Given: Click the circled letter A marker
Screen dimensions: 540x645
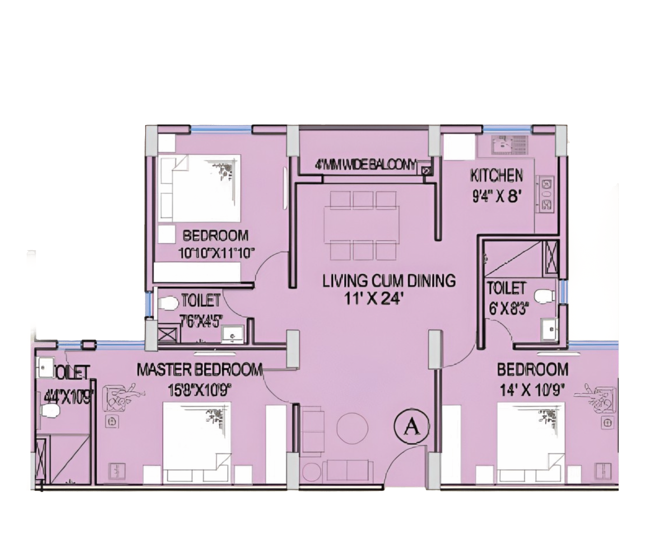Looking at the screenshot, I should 412,427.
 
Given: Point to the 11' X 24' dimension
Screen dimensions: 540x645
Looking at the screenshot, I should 373,298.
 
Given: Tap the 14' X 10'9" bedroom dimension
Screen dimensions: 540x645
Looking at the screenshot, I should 532,390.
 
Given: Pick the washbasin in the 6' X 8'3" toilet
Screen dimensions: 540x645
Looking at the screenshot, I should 549,329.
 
